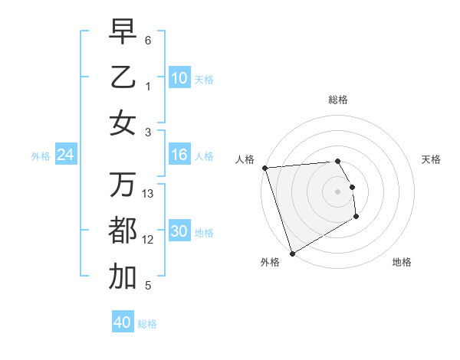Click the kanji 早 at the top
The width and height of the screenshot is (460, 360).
click(123, 32)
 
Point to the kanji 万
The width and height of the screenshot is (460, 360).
click(123, 184)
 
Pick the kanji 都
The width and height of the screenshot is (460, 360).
click(123, 231)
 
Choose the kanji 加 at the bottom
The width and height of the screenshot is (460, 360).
click(123, 277)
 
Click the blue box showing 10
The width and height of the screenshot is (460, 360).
click(179, 78)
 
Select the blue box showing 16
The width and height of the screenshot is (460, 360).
click(179, 155)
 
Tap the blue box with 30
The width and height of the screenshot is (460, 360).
click(179, 232)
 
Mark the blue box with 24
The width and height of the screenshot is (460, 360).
click(66, 155)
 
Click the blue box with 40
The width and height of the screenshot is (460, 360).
click(123, 322)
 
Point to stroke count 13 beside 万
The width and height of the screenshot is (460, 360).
click(148, 194)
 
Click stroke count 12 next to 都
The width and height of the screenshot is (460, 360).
click(148, 240)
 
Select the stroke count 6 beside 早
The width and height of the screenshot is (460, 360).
click(148, 40)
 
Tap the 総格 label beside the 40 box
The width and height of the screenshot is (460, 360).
click(148, 324)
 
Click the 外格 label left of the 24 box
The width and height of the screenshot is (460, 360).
click(41, 156)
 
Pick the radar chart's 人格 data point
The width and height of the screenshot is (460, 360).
click(264, 168)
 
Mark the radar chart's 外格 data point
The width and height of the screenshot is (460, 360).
click(292, 254)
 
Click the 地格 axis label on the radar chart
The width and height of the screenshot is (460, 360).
click(402, 262)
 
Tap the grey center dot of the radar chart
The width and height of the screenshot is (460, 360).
click(337, 191)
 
